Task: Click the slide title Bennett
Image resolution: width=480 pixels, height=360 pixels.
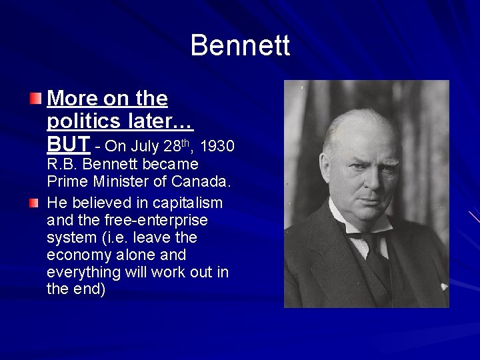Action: tap(240, 46)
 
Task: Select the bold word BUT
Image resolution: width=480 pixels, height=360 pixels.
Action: tap(69, 143)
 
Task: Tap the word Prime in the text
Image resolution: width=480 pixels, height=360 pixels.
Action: tap(67, 181)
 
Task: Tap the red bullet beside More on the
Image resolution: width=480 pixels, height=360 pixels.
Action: tap(35, 99)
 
